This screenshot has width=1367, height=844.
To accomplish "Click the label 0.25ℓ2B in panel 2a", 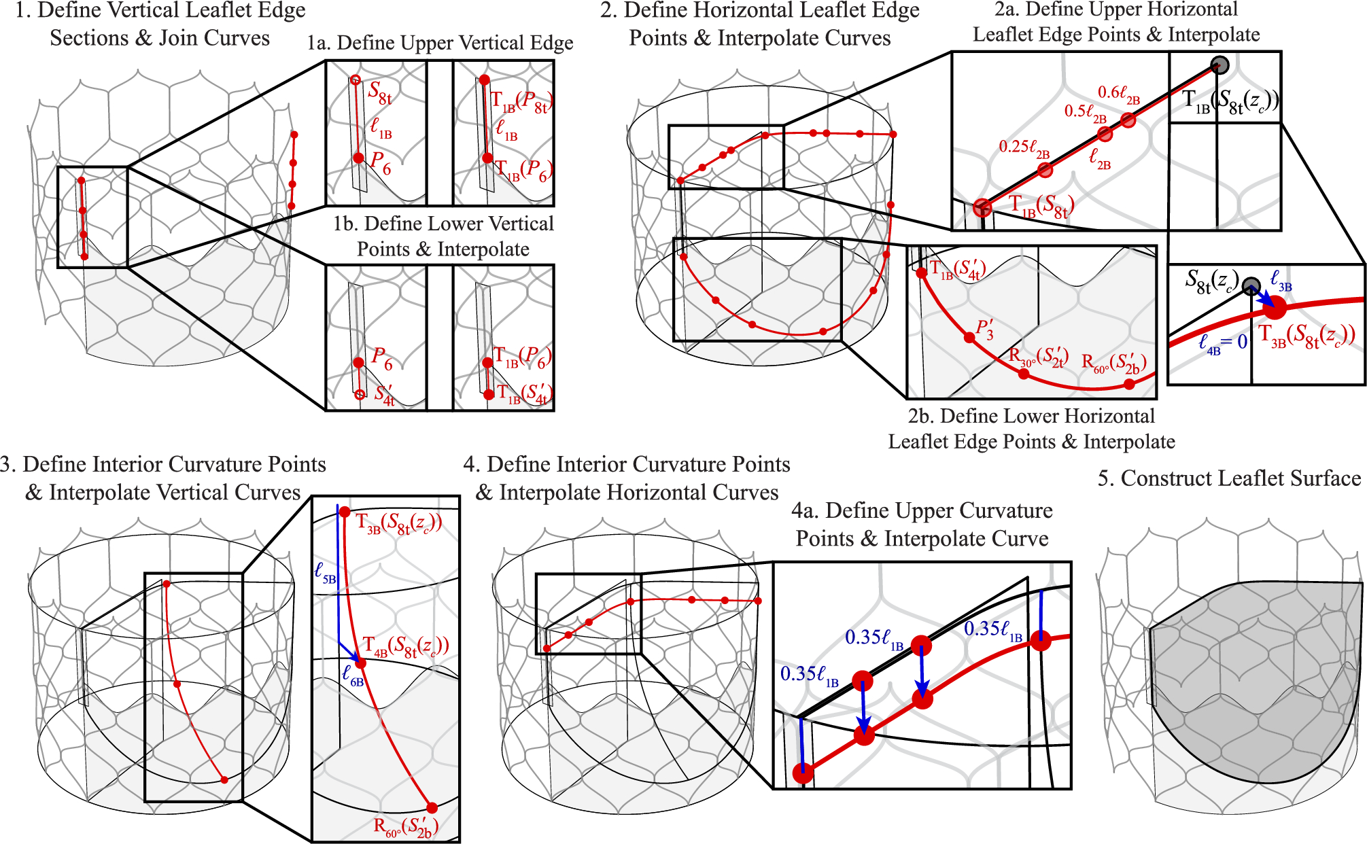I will tap(1024, 147).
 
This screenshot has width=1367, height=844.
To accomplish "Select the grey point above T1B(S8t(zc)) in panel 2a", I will tap(1220, 65).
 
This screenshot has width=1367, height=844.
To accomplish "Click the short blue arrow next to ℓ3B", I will tap(1263, 298).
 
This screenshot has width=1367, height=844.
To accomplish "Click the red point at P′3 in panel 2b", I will tap(969, 337).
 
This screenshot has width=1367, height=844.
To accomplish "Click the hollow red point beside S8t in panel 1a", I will tap(355, 80).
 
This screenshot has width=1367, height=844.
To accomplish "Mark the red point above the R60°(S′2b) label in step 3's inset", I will tap(432, 808).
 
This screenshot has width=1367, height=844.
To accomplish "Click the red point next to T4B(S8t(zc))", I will tap(360, 663).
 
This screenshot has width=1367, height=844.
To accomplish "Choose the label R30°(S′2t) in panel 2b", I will tap(1038, 357).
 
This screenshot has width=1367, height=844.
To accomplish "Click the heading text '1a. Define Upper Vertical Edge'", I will tap(440, 43).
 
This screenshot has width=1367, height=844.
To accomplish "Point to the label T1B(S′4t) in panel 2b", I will tap(957, 270).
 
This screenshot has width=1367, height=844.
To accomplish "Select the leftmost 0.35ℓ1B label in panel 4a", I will tap(809, 675).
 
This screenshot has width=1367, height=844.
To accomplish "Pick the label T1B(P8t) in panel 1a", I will tap(521, 103).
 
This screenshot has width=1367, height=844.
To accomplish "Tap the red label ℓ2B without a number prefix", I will tap(1099, 159).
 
